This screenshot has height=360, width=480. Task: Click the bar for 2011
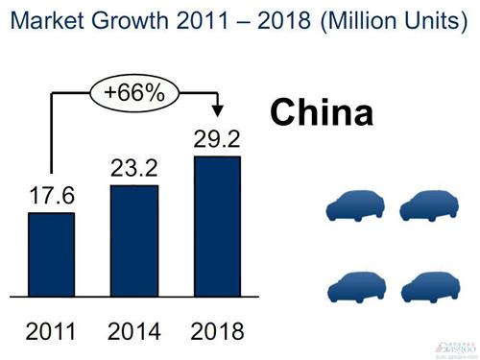click(52, 253)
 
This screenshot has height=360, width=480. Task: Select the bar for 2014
click(134, 240)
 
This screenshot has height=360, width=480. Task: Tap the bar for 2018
click(218, 226)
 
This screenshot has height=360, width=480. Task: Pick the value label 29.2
click(218, 139)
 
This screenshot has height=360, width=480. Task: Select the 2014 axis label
click(134, 332)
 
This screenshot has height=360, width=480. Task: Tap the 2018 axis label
click(218, 332)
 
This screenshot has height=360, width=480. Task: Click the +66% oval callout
click(133, 94)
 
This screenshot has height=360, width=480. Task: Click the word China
click(321, 113)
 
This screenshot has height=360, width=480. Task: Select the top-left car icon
click(355, 206)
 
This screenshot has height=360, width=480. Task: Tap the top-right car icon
click(428, 206)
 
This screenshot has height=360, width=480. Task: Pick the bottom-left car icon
click(355, 288)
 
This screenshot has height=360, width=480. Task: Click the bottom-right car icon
click(428, 288)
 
